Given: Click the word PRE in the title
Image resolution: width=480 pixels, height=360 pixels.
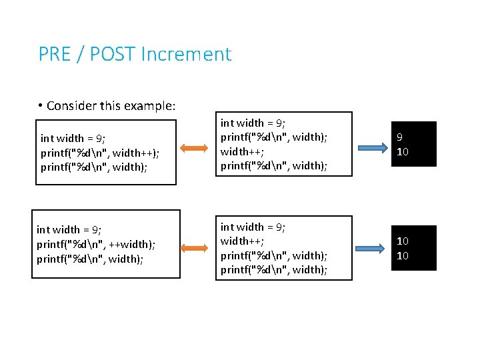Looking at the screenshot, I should click(x=55, y=54).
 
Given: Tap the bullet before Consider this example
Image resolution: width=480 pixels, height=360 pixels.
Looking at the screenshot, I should click(x=41, y=105).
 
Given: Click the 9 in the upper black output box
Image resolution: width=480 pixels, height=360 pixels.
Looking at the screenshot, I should click(x=400, y=138).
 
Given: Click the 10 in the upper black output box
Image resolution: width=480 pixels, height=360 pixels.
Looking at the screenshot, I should click(x=403, y=152).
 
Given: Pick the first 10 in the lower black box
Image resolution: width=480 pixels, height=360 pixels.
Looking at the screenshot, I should click(x=403, y=241).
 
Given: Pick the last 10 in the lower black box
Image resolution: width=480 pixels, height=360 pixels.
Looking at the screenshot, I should click(x=403, y=256).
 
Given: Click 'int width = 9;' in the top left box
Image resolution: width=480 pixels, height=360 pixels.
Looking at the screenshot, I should click(x=73, y=139).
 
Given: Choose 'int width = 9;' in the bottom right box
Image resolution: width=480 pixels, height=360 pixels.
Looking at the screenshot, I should click(x=253, y=227).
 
